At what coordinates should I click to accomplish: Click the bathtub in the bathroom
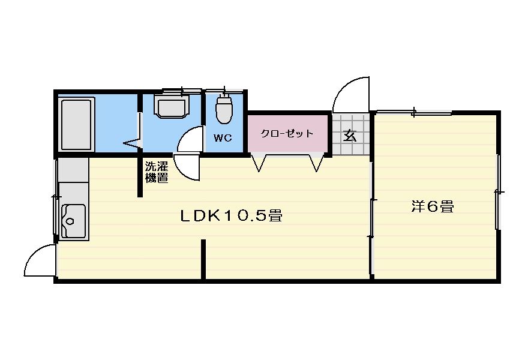pyautogui.click(x=76, y=124)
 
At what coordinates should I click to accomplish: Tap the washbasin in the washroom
pyautogui.click(x=172, y=107)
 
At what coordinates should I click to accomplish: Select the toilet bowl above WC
pyautogui.click(x=224, y=110)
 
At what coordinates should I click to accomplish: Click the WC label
pyautogui.click(x=223, y=137)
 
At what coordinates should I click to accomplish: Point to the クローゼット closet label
pyautogui.click(x=287, y=133)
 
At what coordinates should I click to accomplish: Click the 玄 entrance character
pyautogui.click(x=350, y=135)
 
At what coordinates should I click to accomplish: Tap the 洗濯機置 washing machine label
pyautogui.click(x=156, y=172)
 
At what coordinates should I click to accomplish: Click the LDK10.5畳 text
pyautogui.click(x=232, y=215)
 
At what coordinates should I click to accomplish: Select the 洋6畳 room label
pyautogui.click(x=432, y=206)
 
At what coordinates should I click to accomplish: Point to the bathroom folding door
pyautogui.click(x=133, y=143)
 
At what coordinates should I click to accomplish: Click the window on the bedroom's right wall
pyautogui.click(x=497, y=192)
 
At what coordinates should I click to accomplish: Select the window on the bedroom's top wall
pyautogui.click(x=414, y=112)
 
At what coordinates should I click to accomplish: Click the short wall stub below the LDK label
pyautogui.click(x=203, y=259)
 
